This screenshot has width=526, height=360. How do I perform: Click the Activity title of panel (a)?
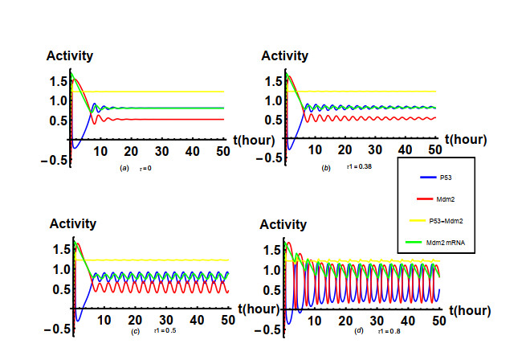[70, 56]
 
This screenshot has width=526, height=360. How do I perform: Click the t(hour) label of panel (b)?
[462, 139]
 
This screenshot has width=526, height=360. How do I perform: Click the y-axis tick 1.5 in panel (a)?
[57, 82]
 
